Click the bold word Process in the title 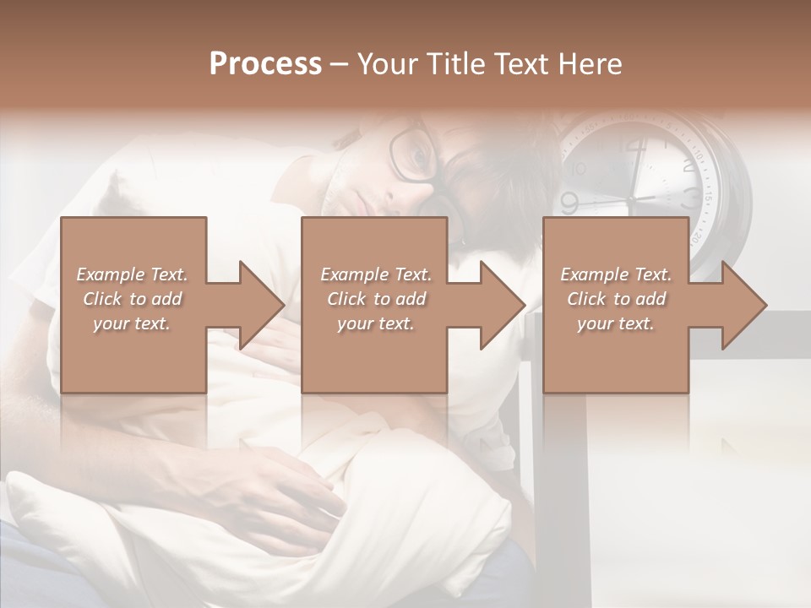pyautogui.click(x=265, y=63)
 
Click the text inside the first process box pyautogui.click(x=132, y=299)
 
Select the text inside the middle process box pyautogui.click(x=375, y=299)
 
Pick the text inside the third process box pyautogui.click(x=616, y=299)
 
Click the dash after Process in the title pyautogui.click(x=340, y=65)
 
